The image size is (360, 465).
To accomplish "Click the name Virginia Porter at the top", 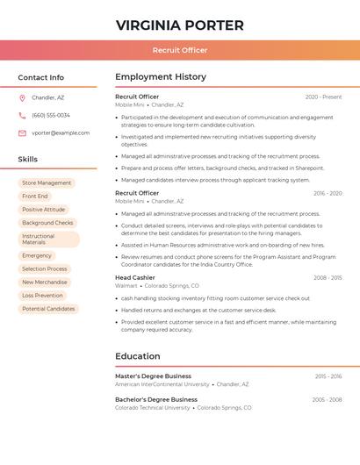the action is pos(179,25).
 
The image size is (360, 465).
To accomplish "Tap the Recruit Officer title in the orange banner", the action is pos(179,50).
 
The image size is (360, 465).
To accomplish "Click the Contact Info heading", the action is pos(40,77).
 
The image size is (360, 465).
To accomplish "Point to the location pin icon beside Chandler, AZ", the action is pos(22,98).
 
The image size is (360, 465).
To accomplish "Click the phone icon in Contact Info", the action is pos(22,116).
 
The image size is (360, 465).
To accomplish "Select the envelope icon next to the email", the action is pos(22,133).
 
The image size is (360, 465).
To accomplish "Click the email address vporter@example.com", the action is pos(61,133).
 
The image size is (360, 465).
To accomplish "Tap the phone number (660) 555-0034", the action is pos(51,116).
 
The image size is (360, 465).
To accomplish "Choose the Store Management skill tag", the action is pos(47,183).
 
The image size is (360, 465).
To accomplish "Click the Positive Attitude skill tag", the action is pos(43,210).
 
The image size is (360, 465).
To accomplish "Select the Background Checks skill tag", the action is pos(47,223).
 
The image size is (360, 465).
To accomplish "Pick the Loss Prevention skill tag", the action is pos(42,296).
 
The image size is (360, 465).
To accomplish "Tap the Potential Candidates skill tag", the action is pos(48,309).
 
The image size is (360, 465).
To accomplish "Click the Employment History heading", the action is pos(161,77).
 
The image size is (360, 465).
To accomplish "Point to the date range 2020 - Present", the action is pos(323,97).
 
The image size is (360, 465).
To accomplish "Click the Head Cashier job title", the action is pos(134,277).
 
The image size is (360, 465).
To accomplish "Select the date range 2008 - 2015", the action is pos(328,278).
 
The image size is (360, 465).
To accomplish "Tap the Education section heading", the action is pos(138,356).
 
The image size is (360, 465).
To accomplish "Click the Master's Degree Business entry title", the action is pos(153,376).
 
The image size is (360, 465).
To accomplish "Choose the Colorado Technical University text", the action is pos(152,408).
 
